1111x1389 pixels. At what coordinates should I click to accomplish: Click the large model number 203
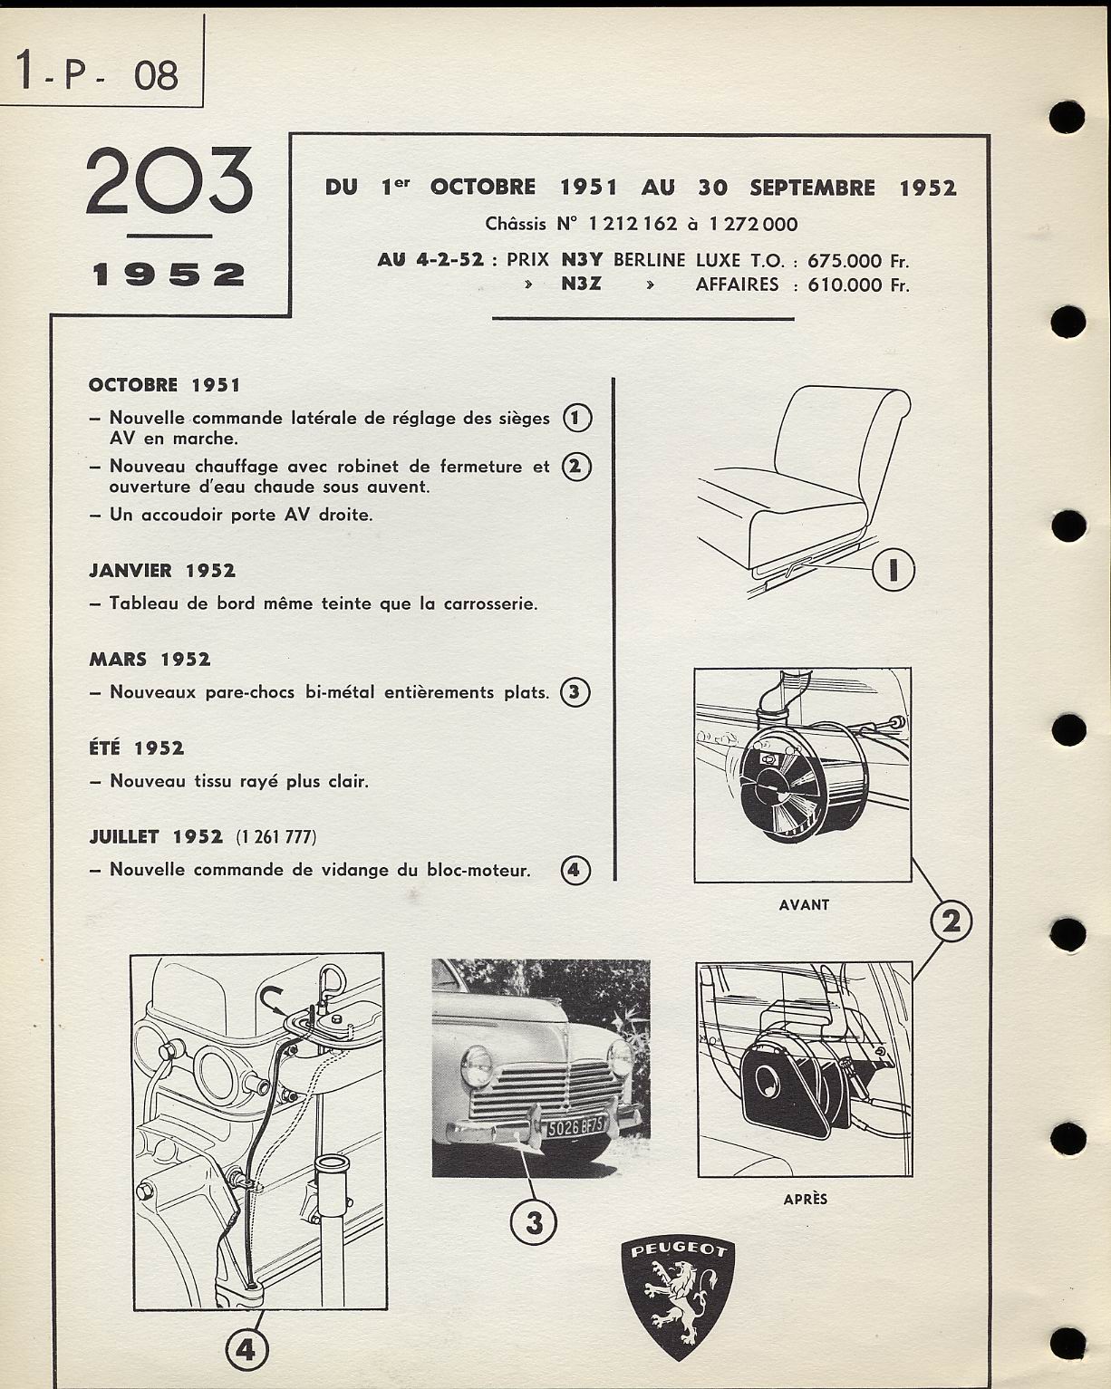tap(169, 181)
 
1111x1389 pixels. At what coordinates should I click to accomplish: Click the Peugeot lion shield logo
tap(677, 1297)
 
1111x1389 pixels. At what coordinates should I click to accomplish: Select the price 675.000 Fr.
tap(857, 261)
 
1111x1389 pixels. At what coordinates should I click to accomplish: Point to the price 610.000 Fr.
tap(857, 285)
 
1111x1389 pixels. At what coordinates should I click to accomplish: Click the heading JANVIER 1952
tap(162, 571)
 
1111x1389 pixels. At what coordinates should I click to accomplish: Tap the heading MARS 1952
tap(150, 660)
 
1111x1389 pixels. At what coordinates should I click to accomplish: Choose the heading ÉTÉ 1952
tap(136, 748)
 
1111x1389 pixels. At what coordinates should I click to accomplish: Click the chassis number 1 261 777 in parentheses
tap(276, 837)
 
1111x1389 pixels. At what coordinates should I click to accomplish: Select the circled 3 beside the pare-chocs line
tap(575, 693)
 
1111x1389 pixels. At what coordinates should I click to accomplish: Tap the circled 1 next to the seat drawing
tap(893, 570)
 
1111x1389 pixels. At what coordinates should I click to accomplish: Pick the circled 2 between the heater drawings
tap(952, 921)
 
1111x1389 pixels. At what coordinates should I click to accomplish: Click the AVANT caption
tap(804, 904)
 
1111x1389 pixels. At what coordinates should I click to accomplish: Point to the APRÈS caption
tap(806, 1199)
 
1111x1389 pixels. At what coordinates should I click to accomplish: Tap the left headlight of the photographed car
tap(476, 1066)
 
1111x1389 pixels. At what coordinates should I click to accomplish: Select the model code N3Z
tap(581, 285)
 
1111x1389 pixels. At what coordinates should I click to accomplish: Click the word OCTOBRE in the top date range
tap(482, 188)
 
